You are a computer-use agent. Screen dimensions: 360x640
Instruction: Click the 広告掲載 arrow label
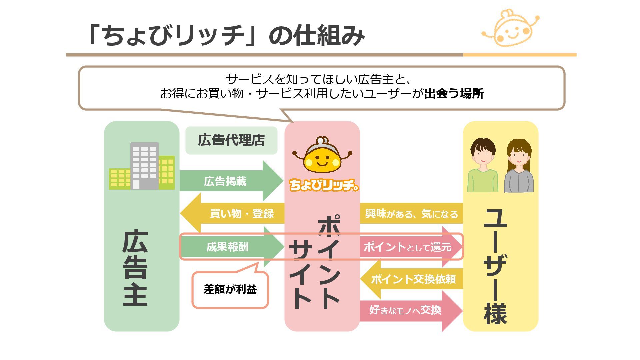[x=225, y=181]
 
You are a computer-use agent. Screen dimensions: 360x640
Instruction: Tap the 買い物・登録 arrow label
[x=242, y=213]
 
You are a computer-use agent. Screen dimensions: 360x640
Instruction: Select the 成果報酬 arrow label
[x=227, y=247]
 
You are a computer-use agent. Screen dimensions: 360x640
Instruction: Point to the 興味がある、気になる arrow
[x=411, y=214]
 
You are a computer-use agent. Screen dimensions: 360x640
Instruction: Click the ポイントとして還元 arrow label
[x=407, y=247]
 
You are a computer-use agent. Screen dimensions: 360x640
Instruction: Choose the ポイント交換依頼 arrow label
[x=413, y=279]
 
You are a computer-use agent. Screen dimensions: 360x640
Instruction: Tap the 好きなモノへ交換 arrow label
[x=405, y=310]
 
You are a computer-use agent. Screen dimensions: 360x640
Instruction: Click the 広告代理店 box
[x=231, y=140]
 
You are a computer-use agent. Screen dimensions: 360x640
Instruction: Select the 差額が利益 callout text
[x=230, y=289]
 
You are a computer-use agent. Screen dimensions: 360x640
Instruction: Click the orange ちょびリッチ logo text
[x=323, y=185]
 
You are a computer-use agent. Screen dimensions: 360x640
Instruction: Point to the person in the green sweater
[x=483, y=166]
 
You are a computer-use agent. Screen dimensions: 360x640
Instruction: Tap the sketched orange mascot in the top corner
[x=510, y=28]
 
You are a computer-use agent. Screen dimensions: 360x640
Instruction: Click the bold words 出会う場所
[x=454, y=94]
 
